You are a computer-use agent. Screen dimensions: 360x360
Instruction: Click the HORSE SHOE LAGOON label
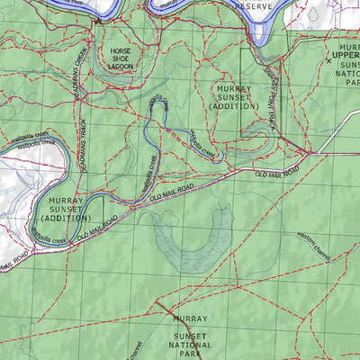pyautogui.click(x=120, y=58)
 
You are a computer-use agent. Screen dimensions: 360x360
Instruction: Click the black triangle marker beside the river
pyautogui.click(x=97, y=19)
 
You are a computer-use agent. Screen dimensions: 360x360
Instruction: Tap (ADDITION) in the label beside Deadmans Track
pyautogui.click(x=66, y=218)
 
